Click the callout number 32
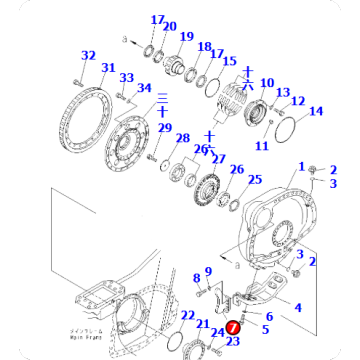[88, 56]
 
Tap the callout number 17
[157, 20]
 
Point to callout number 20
[170, 27]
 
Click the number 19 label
[187, 37]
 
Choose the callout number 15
[229, 62]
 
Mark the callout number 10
[267, 83]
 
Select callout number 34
[144, 90]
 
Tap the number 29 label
[164, 128]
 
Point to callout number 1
[302, 165]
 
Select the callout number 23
[233, 342]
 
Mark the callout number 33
[126, 78]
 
